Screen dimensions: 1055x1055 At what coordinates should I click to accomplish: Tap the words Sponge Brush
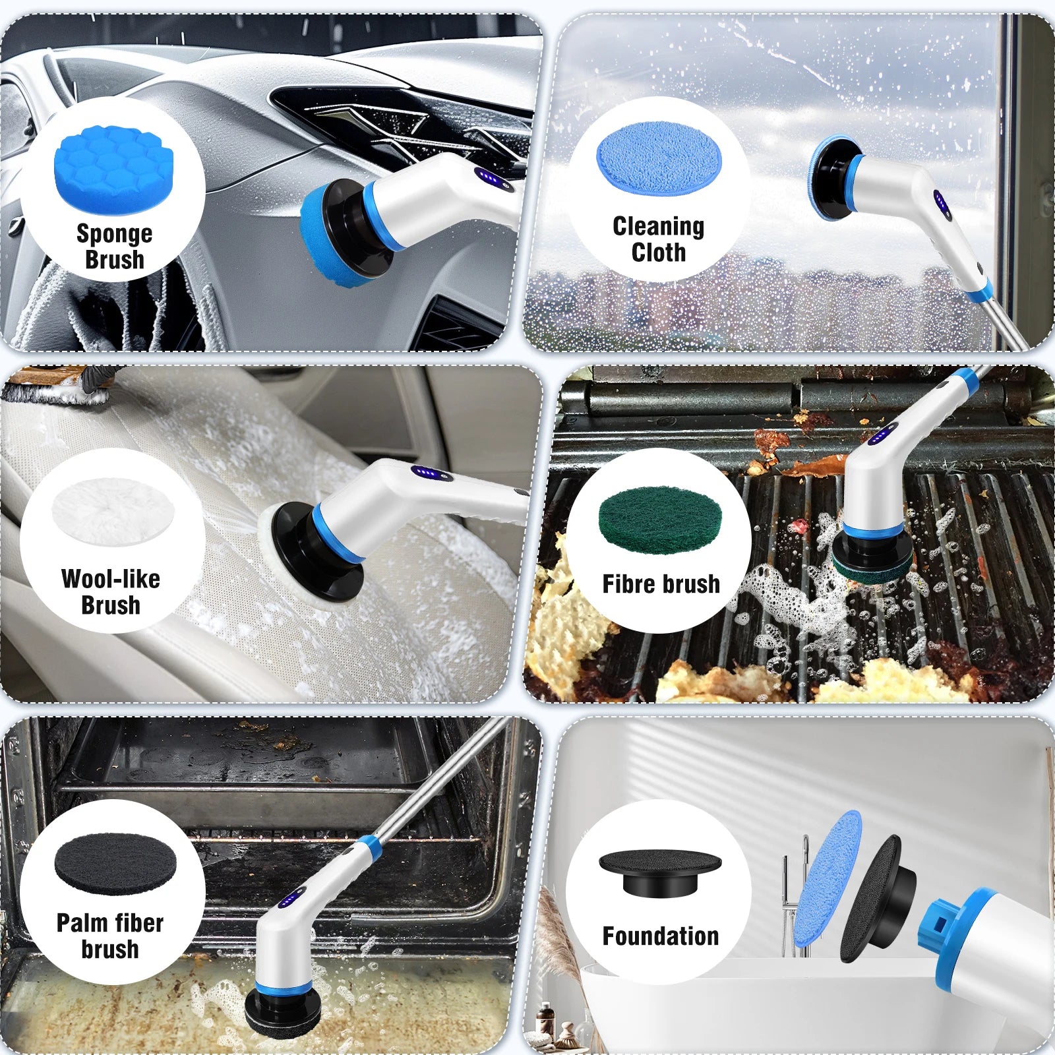(114, 246)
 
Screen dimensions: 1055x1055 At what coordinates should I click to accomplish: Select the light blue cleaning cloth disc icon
(659, 158)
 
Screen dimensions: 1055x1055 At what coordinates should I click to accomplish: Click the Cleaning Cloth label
(659, 239)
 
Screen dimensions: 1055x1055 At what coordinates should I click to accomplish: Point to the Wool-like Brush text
(111, 591)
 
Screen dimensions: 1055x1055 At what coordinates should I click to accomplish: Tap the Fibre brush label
(661, 584)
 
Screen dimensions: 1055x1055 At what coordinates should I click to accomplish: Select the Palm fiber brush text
(110, 936)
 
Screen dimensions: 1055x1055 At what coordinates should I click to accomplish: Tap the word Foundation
(661, 936)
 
